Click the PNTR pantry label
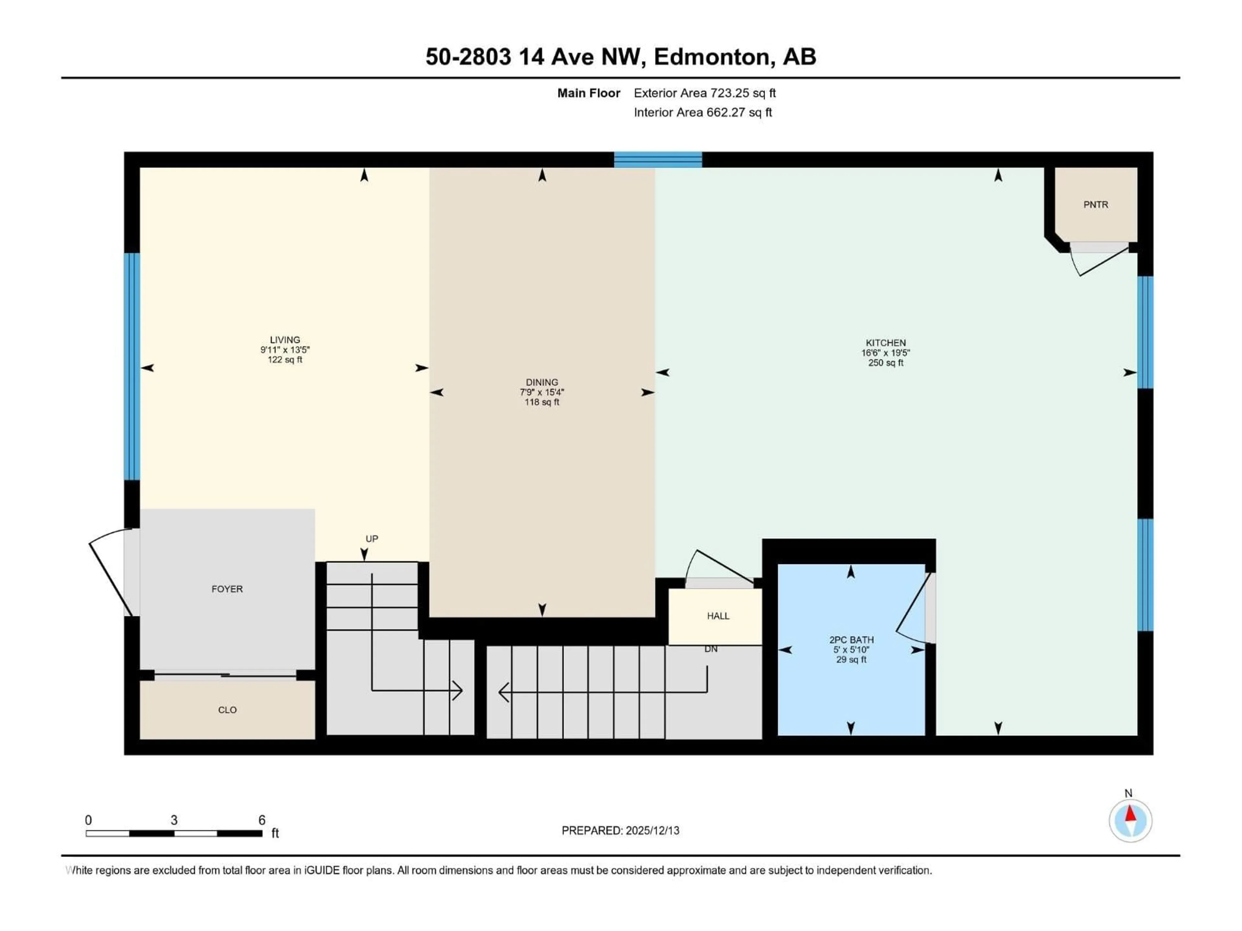point(1095,205)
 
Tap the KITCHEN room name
point(886,343)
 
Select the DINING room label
point(542,382)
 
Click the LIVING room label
point(285,339)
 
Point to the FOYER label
point(227,589)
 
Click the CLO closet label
point(227,710)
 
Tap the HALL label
point(718,615)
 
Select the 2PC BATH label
point(851,640)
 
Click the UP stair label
point(372,539)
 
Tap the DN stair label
point(711,649)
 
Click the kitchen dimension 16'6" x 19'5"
point(886,353)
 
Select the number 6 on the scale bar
point(262,820)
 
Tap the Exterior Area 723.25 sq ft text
point(705,93)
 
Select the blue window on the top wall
point(658,160)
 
